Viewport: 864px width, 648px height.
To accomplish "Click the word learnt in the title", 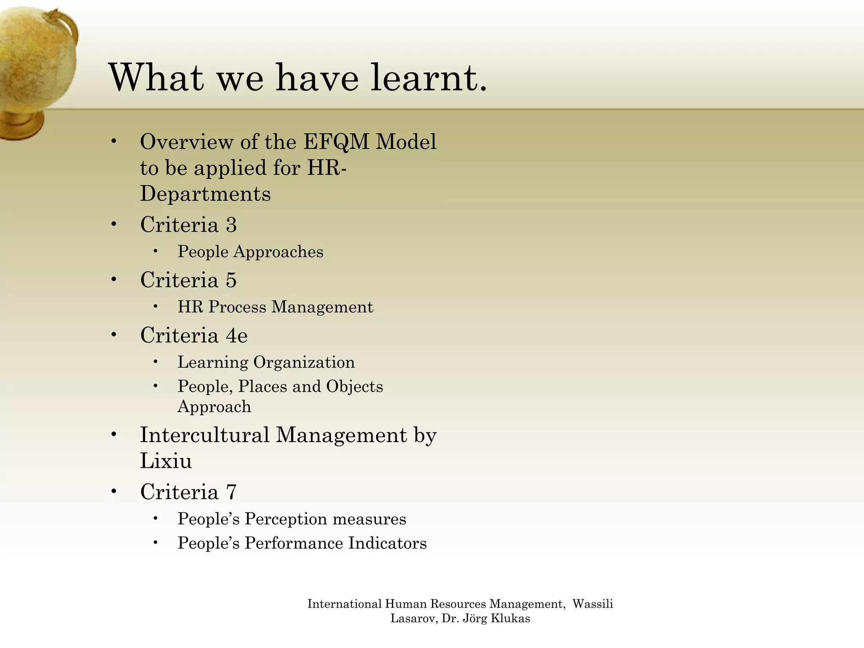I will (429, 78).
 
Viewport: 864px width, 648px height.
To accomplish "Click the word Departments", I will (205, 194).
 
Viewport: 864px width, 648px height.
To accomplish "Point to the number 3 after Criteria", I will (231, 224).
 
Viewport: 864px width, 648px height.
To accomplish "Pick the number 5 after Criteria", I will (231, 280).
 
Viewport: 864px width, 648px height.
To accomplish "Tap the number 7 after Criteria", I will (231, 492).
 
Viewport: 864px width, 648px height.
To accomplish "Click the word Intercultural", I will (204, 435).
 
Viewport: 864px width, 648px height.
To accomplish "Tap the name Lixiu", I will (166, 461).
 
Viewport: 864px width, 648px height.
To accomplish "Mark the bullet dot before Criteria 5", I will (113, 279).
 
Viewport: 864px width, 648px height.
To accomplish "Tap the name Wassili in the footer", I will (592, 604).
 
